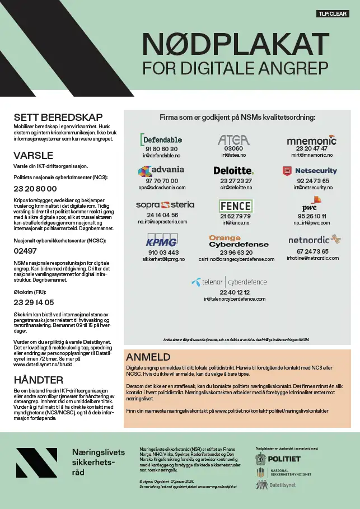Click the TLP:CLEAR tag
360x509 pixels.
tap(333, 13)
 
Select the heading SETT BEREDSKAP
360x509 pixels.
tap(58, 118)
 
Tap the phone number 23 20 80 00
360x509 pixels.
tap(35, 189)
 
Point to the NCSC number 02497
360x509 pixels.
tap(25, 251)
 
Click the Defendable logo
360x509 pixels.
tap(161, 139)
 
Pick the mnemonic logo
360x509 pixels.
tap(311, 140)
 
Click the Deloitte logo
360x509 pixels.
tap(233, 171)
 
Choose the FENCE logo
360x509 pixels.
tap(235, 206)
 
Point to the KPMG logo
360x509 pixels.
tap(161, 242)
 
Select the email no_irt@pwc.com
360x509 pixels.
tap(312, 223)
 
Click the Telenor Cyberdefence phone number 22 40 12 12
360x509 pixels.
tap(235, 292)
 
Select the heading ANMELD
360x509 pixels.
tap(148, 357)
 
